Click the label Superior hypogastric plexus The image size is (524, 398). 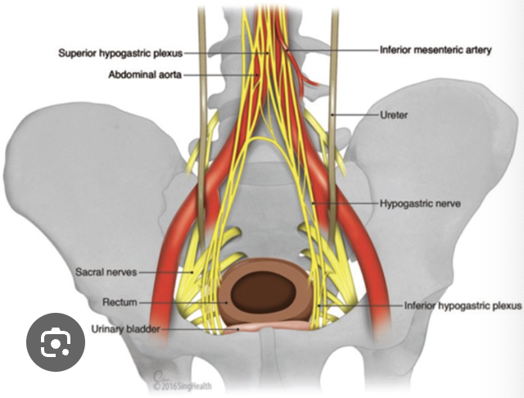point(120,53)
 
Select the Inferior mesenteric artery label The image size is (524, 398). point(436,50)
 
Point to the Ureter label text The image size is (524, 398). point(394,115)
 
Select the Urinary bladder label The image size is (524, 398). point(126,329)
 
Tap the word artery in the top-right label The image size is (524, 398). point(475,50)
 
